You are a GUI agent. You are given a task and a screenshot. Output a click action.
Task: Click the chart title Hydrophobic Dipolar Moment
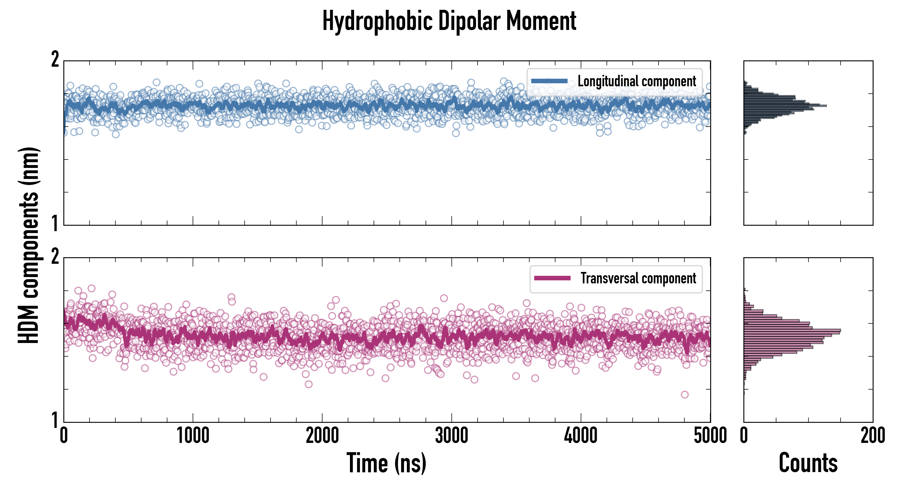tap(449, 21)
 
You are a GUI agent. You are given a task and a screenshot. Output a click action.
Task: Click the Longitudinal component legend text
tap(636, 81)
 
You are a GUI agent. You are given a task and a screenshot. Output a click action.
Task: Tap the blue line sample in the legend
tap(549, 81)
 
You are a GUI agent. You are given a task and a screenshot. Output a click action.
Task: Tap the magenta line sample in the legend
tap(552, 278)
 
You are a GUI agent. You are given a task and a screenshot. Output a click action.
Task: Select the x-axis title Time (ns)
tap(386, 463)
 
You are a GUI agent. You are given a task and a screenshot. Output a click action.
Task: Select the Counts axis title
tap(808, 463)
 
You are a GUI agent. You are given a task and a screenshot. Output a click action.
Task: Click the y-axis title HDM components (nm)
tap(29, 245)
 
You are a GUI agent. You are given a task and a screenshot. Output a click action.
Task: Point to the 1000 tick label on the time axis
tap(193, 436)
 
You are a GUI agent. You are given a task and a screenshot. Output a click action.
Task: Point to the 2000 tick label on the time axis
tap(322, 436)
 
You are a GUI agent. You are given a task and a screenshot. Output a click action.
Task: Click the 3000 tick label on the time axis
tap(451, 436)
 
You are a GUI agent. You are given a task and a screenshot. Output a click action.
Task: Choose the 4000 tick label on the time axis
tap(581, 436)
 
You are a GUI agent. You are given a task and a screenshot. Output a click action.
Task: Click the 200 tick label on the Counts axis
tap(872, 436)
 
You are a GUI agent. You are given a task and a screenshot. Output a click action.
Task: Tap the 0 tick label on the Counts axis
tap(744, 436)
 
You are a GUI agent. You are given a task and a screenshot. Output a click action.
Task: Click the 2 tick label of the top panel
tap(55, 59)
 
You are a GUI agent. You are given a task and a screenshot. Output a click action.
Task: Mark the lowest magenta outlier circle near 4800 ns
tap(685, 394)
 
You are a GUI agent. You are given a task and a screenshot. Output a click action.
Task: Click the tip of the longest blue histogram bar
tap(826, 106)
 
